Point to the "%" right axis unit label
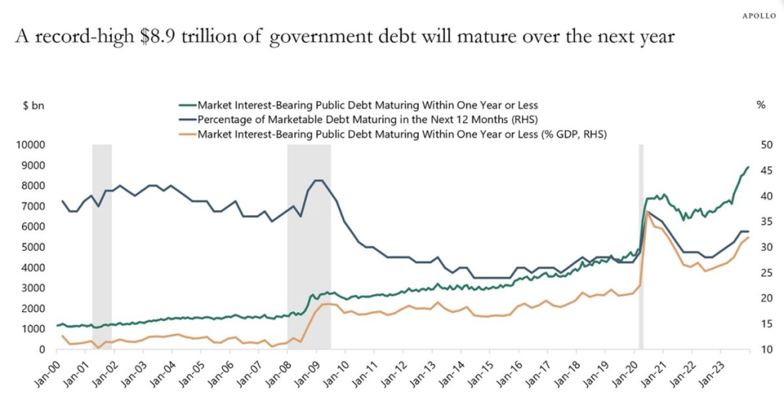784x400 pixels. click(760, 105)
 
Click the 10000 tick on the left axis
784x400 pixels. click(31, 145)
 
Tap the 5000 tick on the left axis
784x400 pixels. click(34, 247)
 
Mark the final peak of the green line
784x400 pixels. click(747, 167)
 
